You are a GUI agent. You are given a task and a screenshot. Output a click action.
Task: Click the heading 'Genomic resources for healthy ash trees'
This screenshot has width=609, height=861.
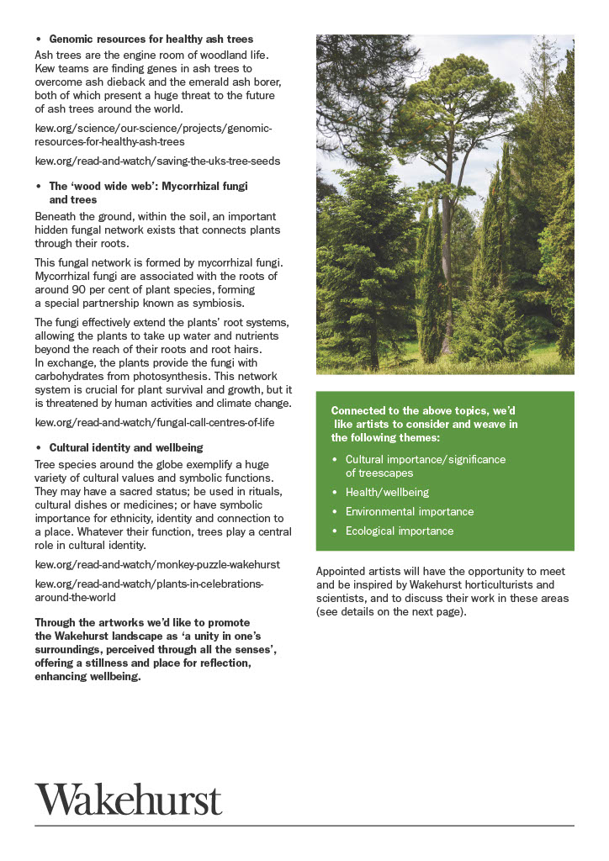(151, 39)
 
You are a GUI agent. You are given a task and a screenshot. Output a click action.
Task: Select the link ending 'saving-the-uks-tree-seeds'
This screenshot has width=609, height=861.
(157, 160)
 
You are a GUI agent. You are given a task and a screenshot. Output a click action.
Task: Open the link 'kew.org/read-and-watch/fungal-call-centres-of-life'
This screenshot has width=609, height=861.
(154, 421)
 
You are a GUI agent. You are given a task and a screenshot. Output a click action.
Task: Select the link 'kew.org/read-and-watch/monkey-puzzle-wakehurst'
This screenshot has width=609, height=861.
(157, 564)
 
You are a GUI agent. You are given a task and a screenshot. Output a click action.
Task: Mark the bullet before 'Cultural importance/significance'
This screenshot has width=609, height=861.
(335, 460)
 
